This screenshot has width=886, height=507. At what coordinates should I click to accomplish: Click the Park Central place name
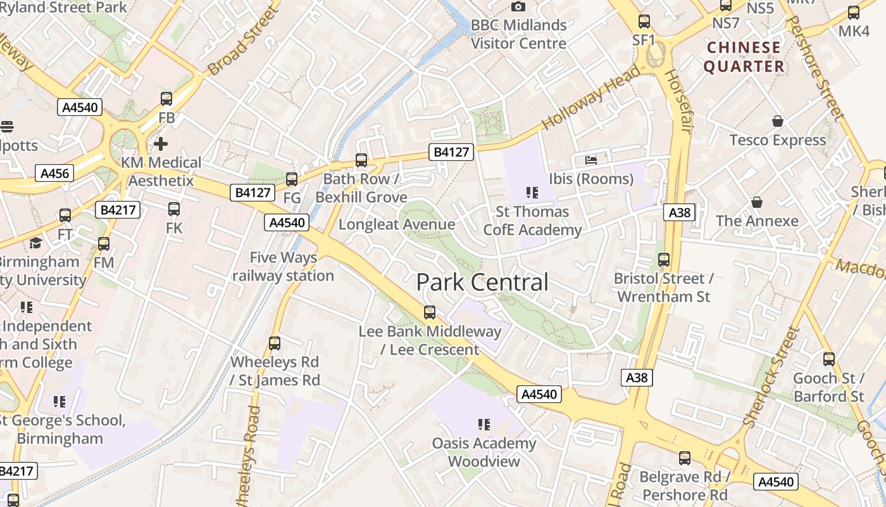482,283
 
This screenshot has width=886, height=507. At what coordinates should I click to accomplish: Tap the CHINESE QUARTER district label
744,57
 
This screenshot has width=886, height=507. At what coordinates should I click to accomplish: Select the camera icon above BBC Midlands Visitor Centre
518,7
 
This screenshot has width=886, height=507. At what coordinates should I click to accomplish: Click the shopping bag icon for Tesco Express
778,121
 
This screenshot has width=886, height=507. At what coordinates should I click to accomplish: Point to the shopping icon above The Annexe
757,202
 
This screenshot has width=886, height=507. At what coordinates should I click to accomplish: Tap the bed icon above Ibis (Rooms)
591,160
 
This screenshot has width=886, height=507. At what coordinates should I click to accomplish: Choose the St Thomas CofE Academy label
532,221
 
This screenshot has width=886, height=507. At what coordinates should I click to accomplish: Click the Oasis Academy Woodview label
484,452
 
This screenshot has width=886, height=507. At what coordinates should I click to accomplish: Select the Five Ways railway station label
283,267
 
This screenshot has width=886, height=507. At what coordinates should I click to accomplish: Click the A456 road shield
54,173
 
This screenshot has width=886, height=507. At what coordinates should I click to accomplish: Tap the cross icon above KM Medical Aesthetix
161,144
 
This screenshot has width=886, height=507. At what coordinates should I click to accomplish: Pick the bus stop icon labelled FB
166,99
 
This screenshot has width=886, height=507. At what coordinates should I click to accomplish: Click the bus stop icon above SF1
644,22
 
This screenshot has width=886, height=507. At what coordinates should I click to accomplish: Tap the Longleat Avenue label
397,224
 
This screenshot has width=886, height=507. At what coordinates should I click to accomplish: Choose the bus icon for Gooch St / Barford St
829,359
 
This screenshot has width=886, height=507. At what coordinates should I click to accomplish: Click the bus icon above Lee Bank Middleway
430,312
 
